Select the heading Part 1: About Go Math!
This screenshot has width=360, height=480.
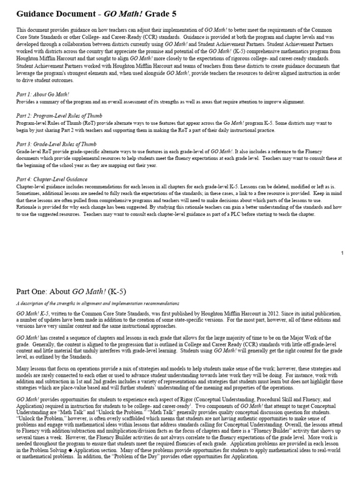coord(43,94)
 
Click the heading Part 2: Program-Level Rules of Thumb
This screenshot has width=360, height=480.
coord(59,116)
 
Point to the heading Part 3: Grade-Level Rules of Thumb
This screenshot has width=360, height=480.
coord(57,144)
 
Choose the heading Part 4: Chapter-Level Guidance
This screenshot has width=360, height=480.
coord(52,179)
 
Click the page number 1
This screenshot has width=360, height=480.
coord(342,253)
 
